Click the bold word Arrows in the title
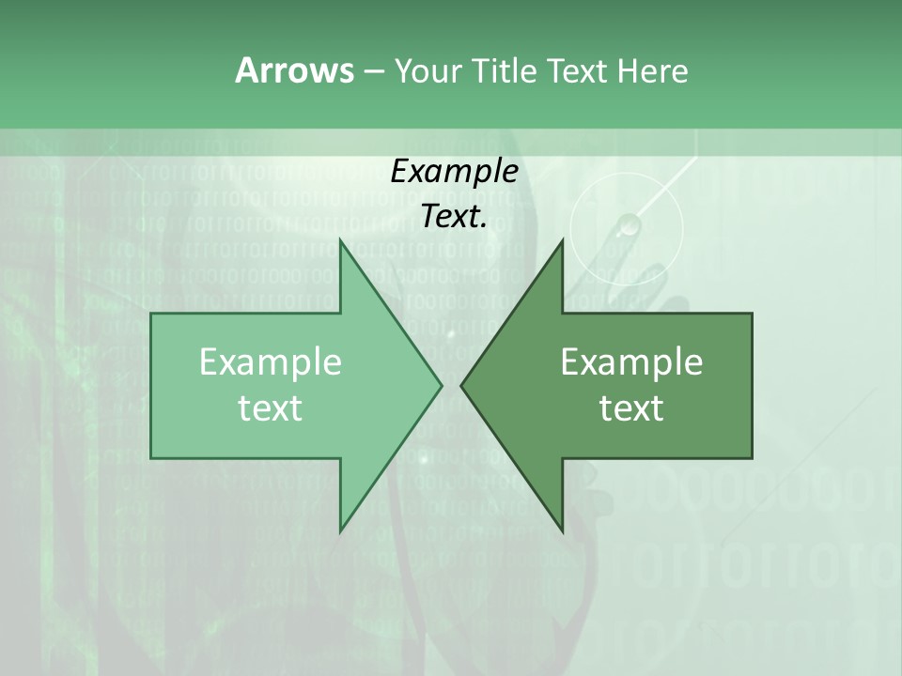(293, 70)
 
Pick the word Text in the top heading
(578, 70)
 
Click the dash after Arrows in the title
(372, 71)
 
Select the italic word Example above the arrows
(455, 171)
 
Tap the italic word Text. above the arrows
(455, 216)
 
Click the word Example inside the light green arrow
(271, 362)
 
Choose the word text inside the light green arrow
(271, 408)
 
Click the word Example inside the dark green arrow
(631, 362)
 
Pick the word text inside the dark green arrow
(631, 408)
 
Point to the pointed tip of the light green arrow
(441, 385)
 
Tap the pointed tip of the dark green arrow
(461, 385)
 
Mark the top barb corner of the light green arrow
(340, 240)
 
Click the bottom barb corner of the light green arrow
(340, 530)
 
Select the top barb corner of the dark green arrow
(562, 240)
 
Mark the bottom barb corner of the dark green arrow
(562, 530)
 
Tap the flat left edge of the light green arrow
(152, 385)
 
